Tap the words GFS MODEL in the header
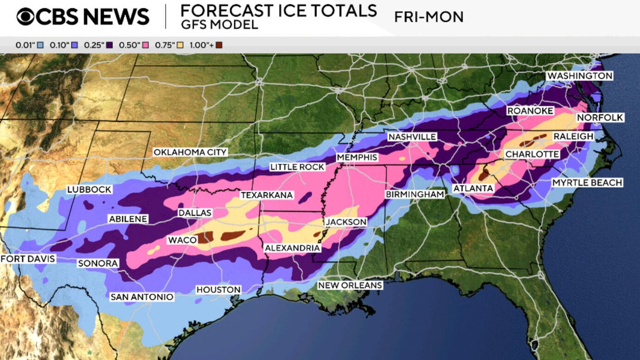click(x=219, y=25)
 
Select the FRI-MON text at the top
click(x=428, y=17)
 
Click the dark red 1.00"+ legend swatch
click(x=219, y=45)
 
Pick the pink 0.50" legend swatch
click(x=145, y=45)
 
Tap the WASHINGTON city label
click(x=580, y=76)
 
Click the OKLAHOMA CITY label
click(x=190, y=152)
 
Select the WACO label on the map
click(x=182, y=240)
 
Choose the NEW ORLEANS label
click(x=350, y=285)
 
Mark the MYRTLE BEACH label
click(x=587, y=183)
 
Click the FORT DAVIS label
click(x=27, y=258)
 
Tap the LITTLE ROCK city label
click(x=297, y=167)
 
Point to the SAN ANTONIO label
click(x=142, y=297)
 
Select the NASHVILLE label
click(x=412, y=137)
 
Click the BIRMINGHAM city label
click(x=414, y=194)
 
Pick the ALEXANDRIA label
click(x=292, y=248)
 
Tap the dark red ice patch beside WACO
click(x=205, y=238)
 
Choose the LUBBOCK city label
click(x=89, y=189)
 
